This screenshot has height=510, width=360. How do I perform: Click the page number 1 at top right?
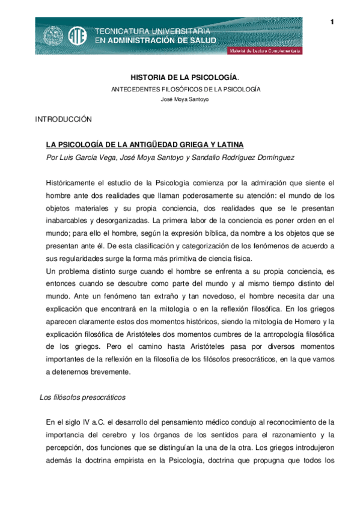[331, 22]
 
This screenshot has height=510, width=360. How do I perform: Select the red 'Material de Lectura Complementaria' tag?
[265, 51]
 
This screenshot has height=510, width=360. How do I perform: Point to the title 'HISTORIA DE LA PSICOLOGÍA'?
[185, 78]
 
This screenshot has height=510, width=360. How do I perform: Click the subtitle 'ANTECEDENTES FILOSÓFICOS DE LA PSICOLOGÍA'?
[185, 89]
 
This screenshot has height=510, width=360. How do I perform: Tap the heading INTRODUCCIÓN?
[63, 120]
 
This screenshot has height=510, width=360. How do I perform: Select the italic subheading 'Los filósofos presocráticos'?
[82, 397]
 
